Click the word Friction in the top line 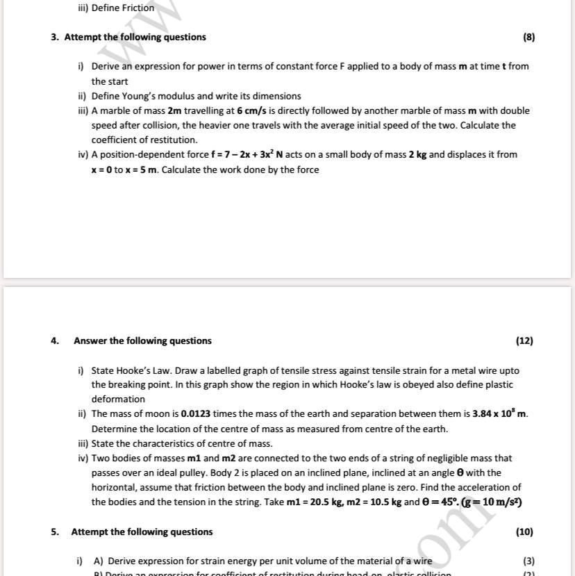[x=138, y=8]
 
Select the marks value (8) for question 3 [x=528, y=37]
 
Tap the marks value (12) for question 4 [x=524, y=340]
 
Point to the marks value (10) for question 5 [x=524, y=532]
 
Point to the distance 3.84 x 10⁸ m [x=499, y=414]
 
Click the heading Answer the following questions [x=142, y=340]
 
